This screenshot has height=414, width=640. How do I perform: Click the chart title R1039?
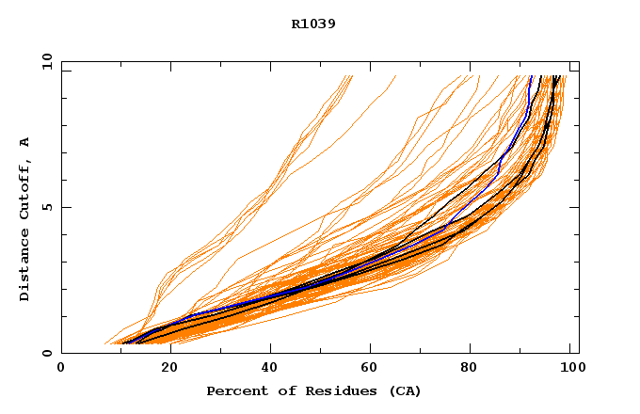point(313,24)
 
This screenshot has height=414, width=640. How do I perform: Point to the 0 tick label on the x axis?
point(61,368)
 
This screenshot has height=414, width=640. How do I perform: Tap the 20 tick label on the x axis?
point(165,368)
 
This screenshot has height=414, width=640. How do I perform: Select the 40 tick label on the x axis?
point(268,368)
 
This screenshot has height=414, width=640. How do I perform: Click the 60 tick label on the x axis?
point(372,368)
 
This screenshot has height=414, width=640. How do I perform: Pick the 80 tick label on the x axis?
point(475,368)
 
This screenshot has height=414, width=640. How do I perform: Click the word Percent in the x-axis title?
point(234,390)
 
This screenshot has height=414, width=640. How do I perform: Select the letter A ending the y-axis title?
point(24,142)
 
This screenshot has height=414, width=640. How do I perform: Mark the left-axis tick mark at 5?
point(65,207)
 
